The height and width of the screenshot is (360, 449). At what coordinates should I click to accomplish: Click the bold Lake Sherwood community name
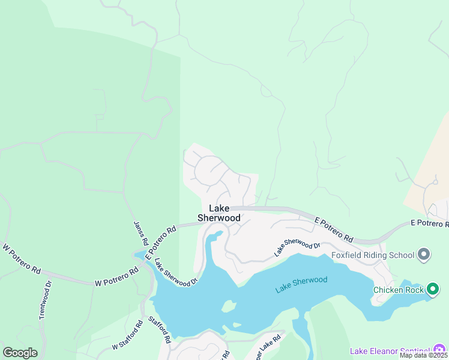point(224,213)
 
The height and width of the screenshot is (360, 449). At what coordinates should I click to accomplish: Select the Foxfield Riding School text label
point(373,255)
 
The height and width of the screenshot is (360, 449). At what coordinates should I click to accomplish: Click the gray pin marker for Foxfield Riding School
point(424,255)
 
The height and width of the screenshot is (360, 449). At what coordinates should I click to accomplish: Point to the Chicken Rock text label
point(397,290)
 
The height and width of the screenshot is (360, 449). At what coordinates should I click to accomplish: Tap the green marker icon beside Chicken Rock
point(432,290)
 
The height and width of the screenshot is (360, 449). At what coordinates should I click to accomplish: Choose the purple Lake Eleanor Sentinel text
point(390,350)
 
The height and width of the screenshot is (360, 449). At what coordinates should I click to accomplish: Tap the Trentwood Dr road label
point(43,299)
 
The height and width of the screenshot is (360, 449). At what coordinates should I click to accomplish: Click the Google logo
point(19,352)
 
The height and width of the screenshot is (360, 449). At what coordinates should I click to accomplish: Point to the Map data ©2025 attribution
point(423,355)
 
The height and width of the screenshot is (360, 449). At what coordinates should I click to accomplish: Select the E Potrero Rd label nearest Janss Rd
point(160,242)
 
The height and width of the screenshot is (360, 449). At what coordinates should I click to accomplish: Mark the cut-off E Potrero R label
point(429,223)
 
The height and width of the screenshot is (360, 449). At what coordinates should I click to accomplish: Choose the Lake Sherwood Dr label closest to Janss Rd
point(176,272)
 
